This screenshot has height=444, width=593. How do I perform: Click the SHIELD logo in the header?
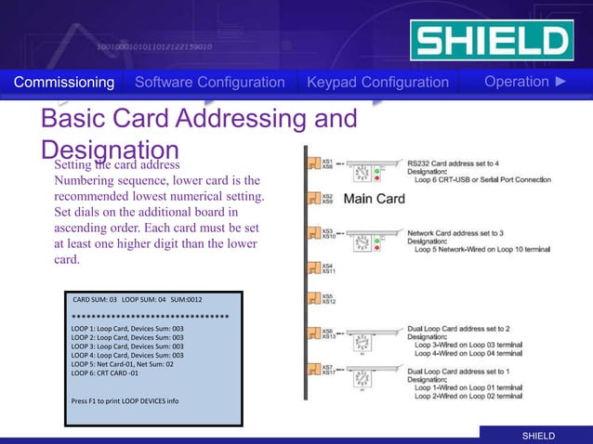(x=490, y=42)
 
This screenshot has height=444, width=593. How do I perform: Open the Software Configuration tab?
(x=209, y=83)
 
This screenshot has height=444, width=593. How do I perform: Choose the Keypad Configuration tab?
(x=377, y=83)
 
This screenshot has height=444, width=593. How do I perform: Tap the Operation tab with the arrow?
(x=524, y=82)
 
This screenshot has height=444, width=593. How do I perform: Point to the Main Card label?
(x=375, y=199)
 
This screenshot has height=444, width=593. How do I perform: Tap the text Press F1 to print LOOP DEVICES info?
(x=125, y=400)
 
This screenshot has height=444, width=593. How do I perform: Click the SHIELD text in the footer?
(x=537, y=436)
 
